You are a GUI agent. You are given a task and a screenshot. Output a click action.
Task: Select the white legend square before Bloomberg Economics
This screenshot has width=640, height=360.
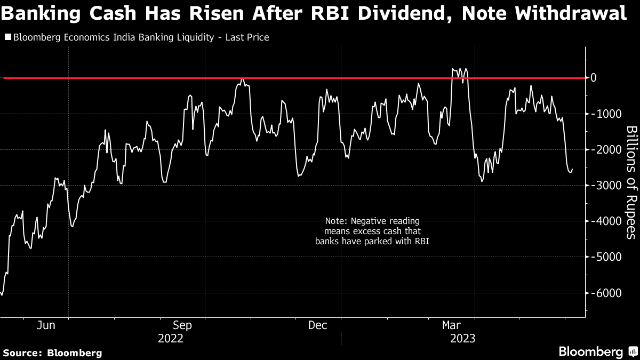pyautogui.click(x=7, y=37)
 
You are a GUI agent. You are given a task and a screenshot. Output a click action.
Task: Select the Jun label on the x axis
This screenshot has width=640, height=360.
pyautogui.click(x=47, y=325)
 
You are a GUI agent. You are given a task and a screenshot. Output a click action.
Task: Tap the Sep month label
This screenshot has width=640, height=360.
pyautogui.click(x=182, y=325)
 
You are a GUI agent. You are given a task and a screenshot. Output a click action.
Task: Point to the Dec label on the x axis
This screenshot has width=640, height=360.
pyautogui.click(x=318, y=325)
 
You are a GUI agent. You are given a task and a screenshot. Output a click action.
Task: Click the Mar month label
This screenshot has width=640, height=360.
pyautogui.click(x=452, y=325)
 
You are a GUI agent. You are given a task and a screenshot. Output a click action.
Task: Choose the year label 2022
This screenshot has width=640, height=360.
pyautogui.click(x=171, y=339)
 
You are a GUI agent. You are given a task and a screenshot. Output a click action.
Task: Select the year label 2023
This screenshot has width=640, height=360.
pyautogui.click(x=463, y=339)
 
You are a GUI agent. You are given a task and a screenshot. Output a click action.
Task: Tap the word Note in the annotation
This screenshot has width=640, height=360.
pyautogui.click(x=334, y=221)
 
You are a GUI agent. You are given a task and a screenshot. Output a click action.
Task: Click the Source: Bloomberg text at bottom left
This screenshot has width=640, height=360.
pyautogui.click(x=52, y=353)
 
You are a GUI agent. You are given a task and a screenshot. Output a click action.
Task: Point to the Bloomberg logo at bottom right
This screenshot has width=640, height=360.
pyautogui.click(x=597, y=352)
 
